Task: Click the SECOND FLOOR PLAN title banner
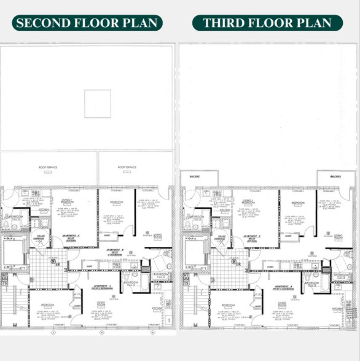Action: coord(86,23)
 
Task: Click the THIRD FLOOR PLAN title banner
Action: coord(267,23)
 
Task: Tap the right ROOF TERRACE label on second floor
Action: coord(127,166)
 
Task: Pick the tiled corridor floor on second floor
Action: coord(50,268)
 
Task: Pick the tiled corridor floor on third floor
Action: coord(229,268)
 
